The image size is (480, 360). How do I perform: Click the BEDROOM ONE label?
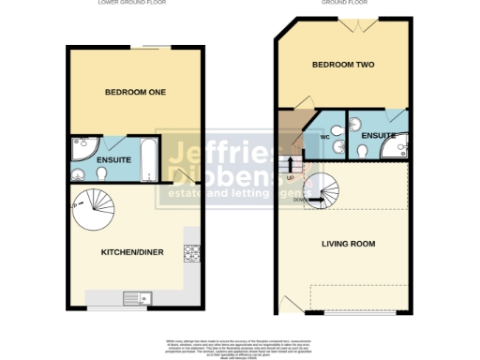134,92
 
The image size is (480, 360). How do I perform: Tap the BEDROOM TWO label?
340,67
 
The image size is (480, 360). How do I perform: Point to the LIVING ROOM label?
348,244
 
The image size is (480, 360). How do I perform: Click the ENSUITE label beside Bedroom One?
88,159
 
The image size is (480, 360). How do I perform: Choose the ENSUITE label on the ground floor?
377,137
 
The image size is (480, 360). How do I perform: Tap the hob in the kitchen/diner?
191,252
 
